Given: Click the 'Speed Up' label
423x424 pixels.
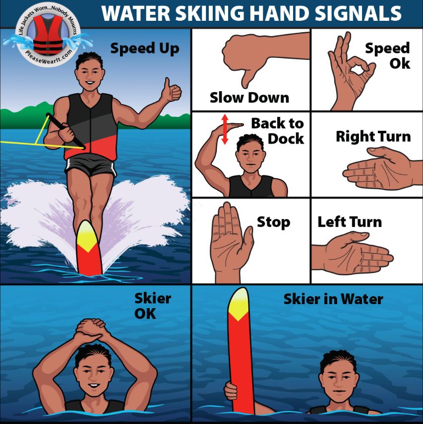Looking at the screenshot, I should pyautogui.click(x=144, y=49).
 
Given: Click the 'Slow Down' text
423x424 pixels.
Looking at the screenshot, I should pyautogui.click(x=249, y=97).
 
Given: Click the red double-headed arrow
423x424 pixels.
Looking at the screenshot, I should pyautogui.click(x=224, y=129).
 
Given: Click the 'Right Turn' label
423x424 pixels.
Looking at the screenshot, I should pyautogui.click(x=373, y=136).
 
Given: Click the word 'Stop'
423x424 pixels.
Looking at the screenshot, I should pyautogui.click(x=273, y=222).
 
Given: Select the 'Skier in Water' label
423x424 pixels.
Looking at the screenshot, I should pyautogui.click(x=333, y=299).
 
